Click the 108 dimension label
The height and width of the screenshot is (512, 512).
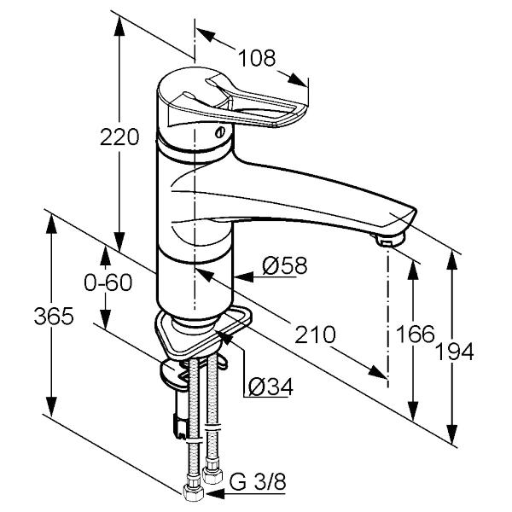click(257, 58)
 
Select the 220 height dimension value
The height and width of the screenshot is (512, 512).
click(119, 137)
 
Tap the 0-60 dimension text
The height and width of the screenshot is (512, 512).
click(108, 282)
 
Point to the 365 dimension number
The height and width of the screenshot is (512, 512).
click(54, 316)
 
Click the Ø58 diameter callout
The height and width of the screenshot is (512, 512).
click(285, 265)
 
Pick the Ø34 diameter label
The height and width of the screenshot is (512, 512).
click(271, 387)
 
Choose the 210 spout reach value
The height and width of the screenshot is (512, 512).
click(315, 335)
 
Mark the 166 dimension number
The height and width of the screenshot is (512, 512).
click(416, 334)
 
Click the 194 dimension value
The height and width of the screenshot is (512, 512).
click(455, 352)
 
